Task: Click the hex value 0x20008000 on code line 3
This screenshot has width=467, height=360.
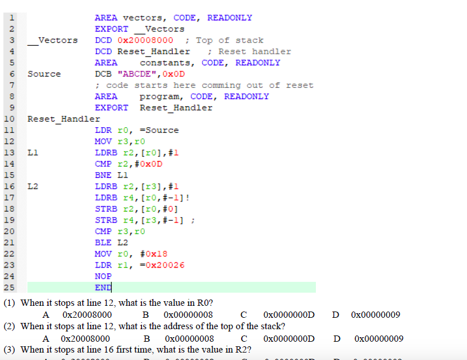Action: coord(145,40)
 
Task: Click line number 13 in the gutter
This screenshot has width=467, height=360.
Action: coord(10,152)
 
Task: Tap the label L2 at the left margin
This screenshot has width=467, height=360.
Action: coord(33,186)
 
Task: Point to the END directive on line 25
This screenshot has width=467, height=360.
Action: coord(103,288)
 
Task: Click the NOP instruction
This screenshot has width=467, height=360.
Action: coord(103,276)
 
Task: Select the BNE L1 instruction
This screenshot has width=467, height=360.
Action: coord(111,175)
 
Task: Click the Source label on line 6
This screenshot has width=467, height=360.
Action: coord(44,74)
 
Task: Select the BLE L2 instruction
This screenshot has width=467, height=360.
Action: coord(111,242)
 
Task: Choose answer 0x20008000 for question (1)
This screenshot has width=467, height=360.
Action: coord(87,315)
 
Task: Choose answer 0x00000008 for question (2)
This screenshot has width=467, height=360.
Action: coord(190,338)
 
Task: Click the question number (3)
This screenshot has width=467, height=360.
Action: coord(11,350)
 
